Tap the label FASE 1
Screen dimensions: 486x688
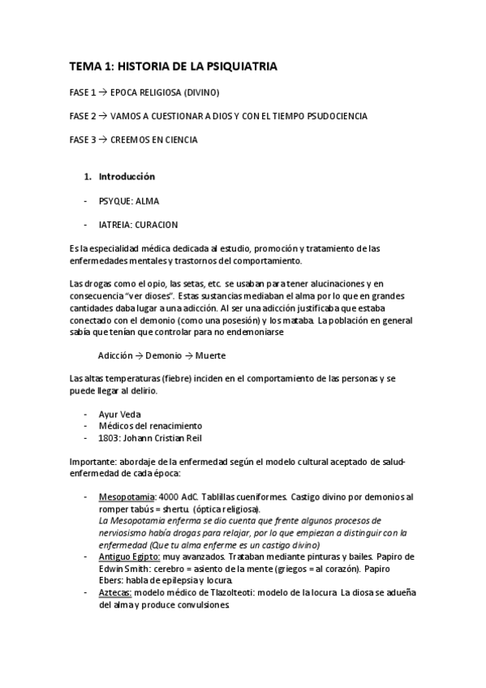(x=83, y=92)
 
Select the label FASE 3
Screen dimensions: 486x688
(x=83, y=140)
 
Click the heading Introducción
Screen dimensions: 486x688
(x=127, y=176)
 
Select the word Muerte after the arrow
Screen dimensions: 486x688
(x=210, y=356)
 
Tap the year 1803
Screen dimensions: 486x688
(x=110, y=438)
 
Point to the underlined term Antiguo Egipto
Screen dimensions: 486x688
(x=128, y=557)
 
